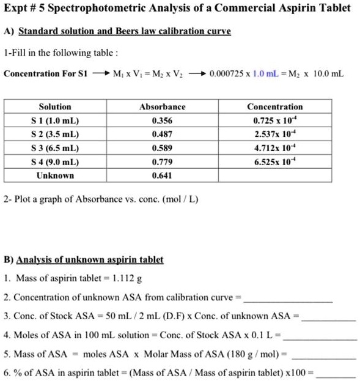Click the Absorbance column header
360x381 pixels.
click(162, 106)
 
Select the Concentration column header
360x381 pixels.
click(274, 106)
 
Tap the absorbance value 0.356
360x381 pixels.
click(162, 120)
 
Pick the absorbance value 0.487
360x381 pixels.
click(162, 134)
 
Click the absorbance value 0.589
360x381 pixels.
click(162, 148)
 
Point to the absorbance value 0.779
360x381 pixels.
click(162, 161)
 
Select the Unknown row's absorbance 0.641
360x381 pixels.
click(162, 176)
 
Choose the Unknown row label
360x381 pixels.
click(55, 176)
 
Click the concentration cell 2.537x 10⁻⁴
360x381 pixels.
click(274, 134)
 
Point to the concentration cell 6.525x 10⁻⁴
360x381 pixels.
click(274, 161)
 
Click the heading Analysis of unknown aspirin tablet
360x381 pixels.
click(90, 259)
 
